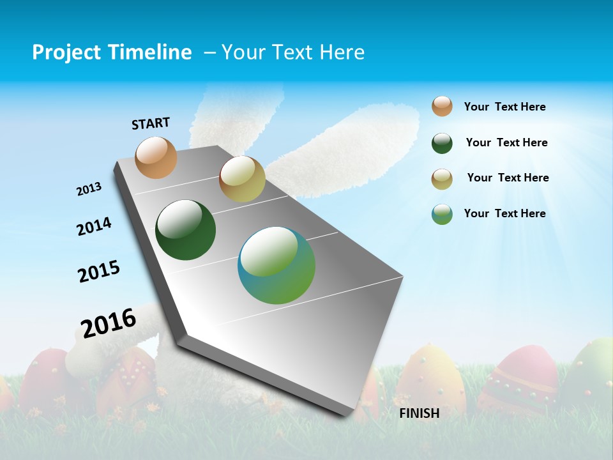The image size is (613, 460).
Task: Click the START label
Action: coord(151,123)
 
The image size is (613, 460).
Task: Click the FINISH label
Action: coord(420,413)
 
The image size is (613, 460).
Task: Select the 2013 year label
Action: coord(89,189)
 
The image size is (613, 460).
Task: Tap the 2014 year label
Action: coord(94,227)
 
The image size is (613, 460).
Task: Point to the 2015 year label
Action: coord(99,272)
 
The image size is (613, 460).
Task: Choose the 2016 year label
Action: coord(109,323)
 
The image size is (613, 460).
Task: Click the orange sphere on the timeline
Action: coord(156,157)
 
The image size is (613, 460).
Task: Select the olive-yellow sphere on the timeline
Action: coord(242,179)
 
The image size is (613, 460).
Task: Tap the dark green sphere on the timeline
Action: coord(186,230)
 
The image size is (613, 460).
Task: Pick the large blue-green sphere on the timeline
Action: coord(276,265)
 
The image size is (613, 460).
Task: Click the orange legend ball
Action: coord(442,107)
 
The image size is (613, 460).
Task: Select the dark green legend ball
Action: coord(442,143)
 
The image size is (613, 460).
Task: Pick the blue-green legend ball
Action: coord(442,214)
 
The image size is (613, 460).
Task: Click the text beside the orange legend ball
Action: coord(504,107)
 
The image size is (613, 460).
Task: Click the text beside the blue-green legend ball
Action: coord(504,213)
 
